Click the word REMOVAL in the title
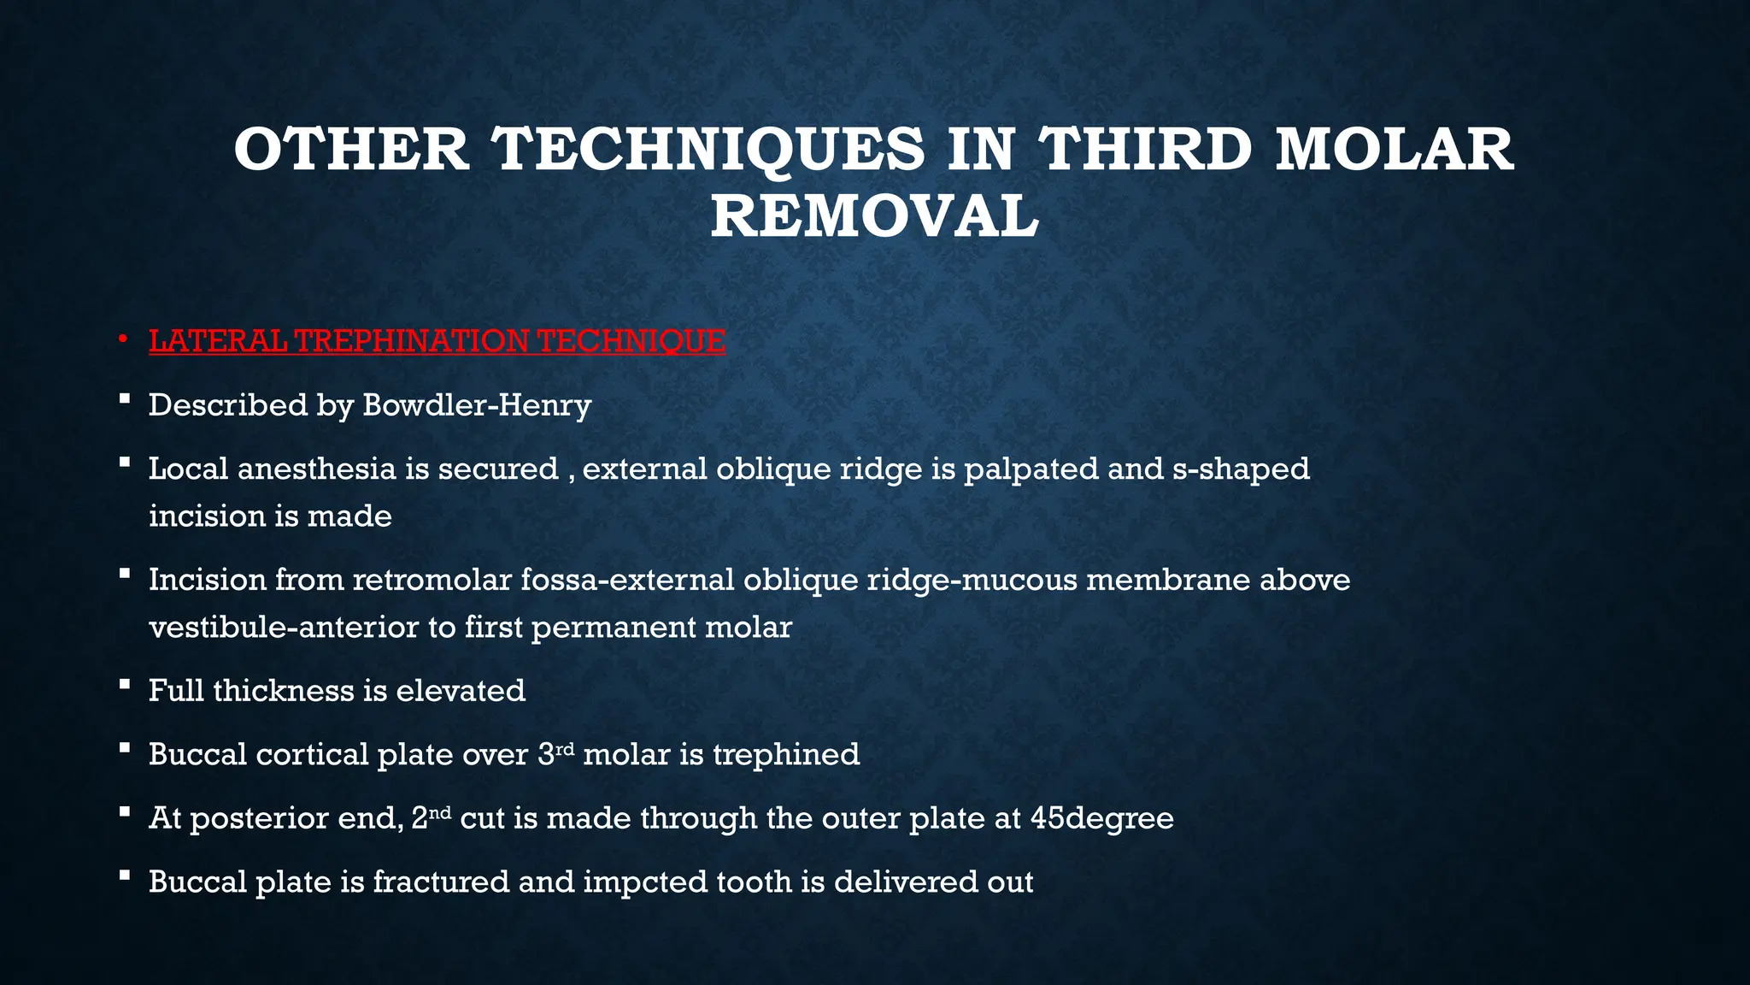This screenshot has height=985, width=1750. (x=874, y=216)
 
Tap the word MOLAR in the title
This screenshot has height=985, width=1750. (x=1395, y=150)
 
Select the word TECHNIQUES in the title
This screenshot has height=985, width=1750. (x=710, y=150)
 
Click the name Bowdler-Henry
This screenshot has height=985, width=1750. (x=477, y=404)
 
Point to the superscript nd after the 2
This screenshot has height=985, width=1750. (x=439, y=811)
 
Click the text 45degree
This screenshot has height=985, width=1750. (x=1101, y=818)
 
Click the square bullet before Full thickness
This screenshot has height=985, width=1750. (x=125, y=684)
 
